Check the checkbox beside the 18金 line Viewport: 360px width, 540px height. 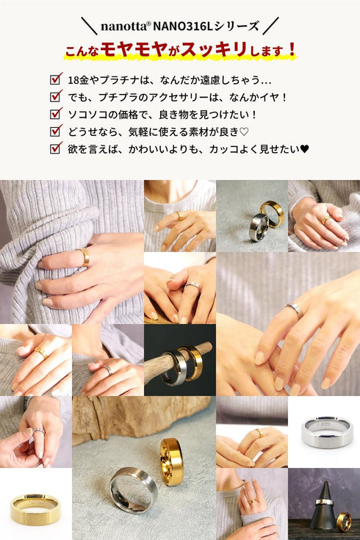(55, 79)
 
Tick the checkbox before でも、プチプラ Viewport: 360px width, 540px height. (55, 96)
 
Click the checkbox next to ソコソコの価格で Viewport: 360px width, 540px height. (55, 114)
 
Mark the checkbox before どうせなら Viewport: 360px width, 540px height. (55, 131)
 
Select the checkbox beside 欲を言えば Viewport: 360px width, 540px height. (55, 148)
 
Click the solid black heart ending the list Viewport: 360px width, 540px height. (304, 148)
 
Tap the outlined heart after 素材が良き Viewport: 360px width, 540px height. (245, 132)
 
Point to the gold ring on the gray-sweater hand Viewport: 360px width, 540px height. (84, 256)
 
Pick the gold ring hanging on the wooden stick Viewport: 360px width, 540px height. (192, 363)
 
